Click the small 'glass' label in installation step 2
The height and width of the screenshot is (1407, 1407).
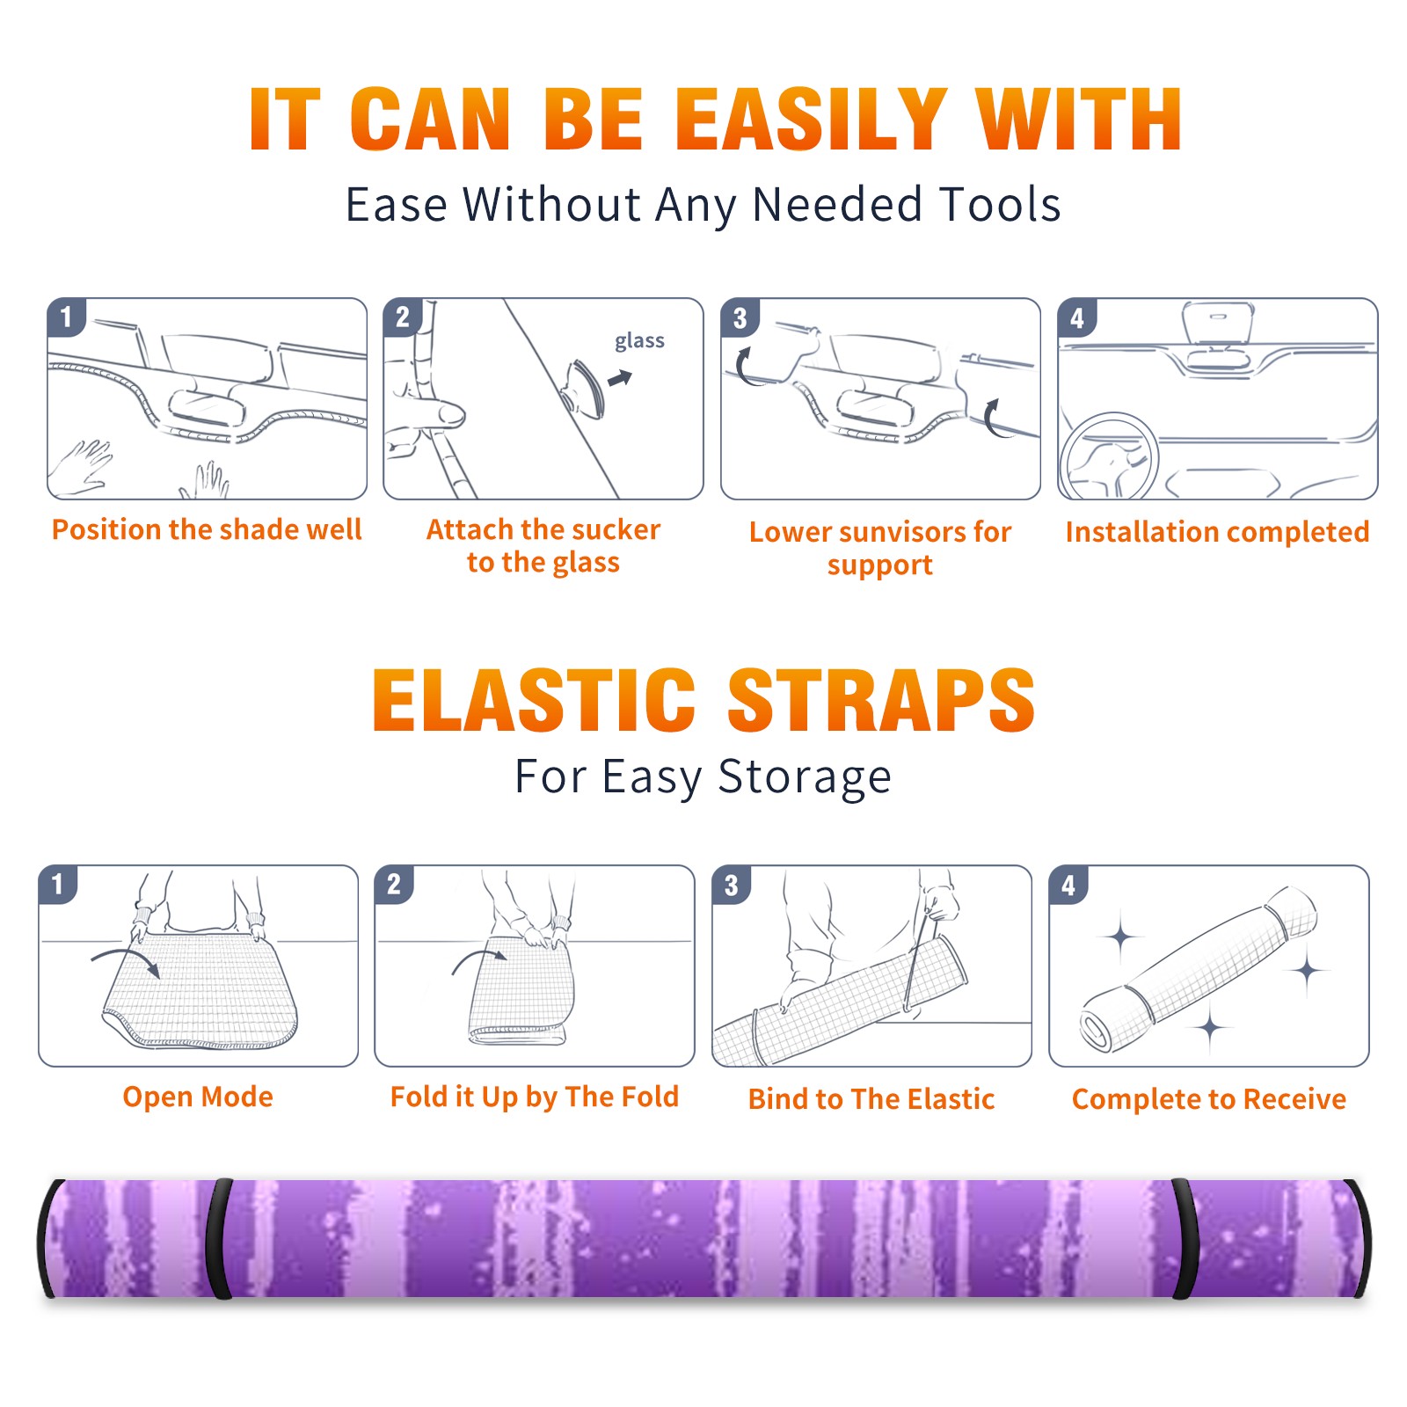(x=639, y=341)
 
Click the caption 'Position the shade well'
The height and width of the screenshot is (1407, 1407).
(x=207, y=529)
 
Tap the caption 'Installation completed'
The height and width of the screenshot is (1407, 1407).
(x=1217, y=532)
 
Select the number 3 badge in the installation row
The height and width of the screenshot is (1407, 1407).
(x=740, y=318)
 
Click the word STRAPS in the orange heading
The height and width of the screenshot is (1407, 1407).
(x=881, y=700)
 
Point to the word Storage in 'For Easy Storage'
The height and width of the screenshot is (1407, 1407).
(x=805, y=777)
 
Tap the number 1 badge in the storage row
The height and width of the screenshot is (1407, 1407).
(x=58, y=884)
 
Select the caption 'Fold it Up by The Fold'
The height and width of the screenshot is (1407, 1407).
(x=535, y=1097)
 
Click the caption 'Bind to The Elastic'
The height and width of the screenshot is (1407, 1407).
(x=871, y=1099)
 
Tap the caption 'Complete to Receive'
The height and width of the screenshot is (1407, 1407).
(x=1209, y=1099)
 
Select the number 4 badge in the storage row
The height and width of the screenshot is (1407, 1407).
(x=1069, y=885)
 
